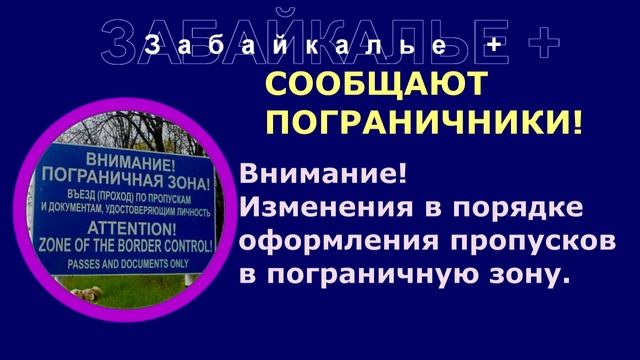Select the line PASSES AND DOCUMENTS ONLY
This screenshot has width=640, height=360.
(126, 264)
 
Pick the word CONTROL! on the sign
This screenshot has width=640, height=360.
(189, 245)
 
